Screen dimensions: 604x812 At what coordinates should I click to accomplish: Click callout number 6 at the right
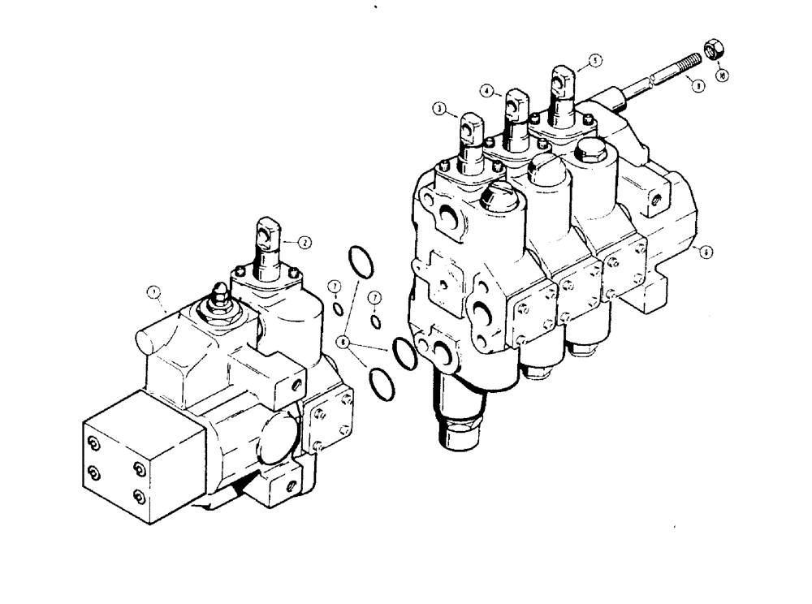click(x=706, y=252)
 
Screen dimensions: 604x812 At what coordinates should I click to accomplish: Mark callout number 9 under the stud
click(x=695, y=83)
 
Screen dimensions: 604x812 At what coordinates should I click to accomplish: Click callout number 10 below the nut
click(x=723, y=75)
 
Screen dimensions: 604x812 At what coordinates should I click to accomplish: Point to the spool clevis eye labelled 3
click(x=472, y=127)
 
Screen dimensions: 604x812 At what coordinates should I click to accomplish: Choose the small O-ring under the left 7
click(x=336, y=308)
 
